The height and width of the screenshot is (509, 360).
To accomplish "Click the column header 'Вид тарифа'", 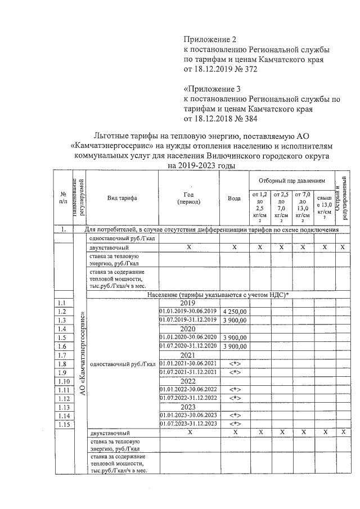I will (122, 197).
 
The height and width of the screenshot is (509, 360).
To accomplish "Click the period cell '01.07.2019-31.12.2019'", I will (188, 319).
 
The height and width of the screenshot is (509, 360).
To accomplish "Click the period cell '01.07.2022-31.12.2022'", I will (188, 398).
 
